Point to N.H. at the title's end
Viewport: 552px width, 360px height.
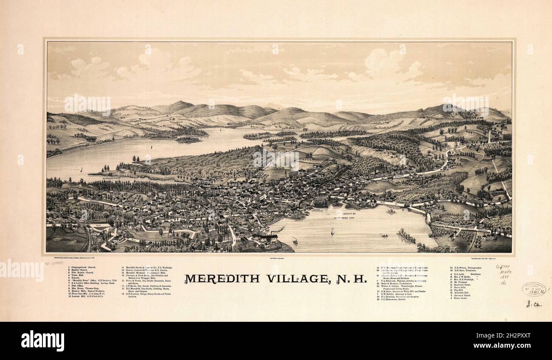click(x=352, y=279)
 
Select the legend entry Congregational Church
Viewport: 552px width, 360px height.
click(x=84, y=267)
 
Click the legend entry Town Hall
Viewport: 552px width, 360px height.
click(x=78, y=276)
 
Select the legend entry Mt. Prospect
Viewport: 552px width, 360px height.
click(x=461, y=281)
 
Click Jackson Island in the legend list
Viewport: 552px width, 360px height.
click(x=462, y=295)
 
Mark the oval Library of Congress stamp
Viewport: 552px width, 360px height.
click(x=533, y=289)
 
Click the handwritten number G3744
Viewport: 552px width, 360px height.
click(x=502, y=267)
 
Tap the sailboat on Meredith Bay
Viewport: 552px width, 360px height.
click(x=332, y=231)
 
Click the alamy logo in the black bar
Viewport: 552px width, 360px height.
click(x=42, y=340)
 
